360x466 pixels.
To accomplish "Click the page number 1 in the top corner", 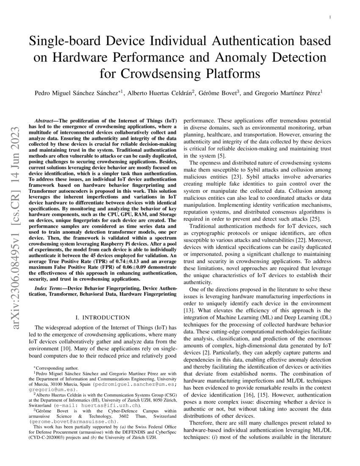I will [x=330, y=17].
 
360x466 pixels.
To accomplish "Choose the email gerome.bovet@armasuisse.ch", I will [x=72, y=422].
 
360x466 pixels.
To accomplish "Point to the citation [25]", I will [x=316, y=219].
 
